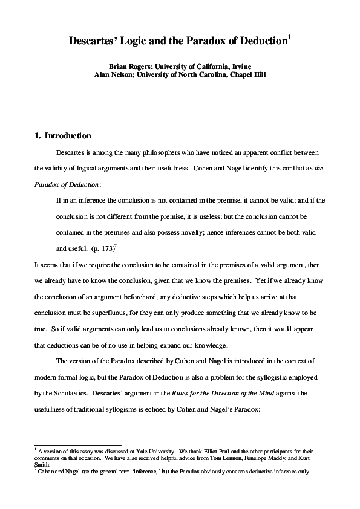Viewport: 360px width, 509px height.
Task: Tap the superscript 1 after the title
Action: tap(290, 37)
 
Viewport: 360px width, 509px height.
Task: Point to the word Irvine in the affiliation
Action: tap(239, 65)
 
